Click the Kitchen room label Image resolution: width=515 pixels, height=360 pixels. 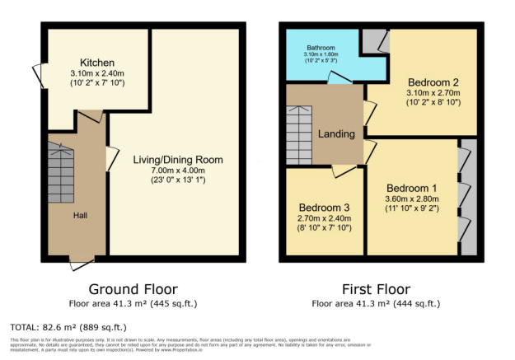click(96, 63)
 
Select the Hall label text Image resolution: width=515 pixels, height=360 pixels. click(80, 216)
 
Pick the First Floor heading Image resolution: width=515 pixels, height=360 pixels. click(376, 290)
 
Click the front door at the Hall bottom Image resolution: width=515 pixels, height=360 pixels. click(82, 262)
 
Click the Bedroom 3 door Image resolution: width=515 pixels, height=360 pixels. click(344, 170)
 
